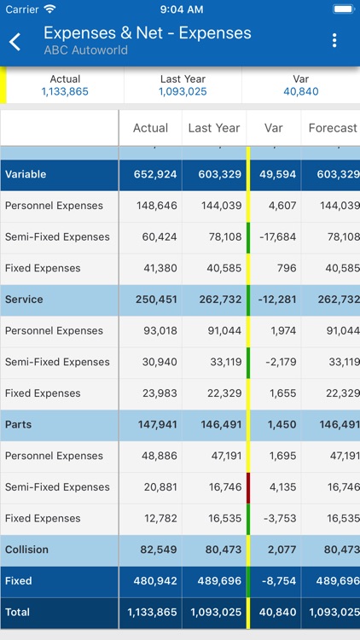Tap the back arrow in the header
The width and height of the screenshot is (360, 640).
(15, 41)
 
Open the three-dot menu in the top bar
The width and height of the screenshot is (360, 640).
(334, 41)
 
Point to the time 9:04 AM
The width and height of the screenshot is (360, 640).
(179, 9)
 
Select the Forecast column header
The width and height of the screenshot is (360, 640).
(332, 128)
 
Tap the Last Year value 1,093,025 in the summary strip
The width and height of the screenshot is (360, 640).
(183, 92)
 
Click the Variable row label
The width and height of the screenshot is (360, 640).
(26, 174)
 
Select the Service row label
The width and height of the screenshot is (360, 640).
(24, 300)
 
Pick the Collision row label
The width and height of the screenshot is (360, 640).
(26, 550)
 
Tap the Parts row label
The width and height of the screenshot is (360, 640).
(19, 425)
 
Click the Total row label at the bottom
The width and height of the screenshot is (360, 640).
(17, 613)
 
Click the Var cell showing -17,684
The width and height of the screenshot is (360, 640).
(276, 237)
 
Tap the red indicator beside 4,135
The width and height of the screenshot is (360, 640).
(248, 487)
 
